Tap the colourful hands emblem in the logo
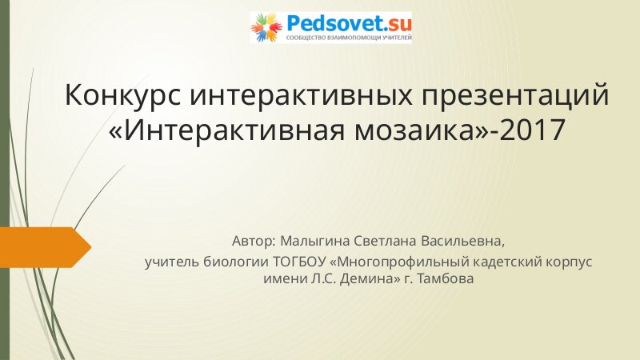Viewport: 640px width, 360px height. pos(266,27)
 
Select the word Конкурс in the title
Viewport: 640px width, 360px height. pos(122,94)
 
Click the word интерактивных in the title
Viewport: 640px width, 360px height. pos(301,94)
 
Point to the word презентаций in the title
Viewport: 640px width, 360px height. pos(515,95)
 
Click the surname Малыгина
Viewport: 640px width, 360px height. pos(315,242)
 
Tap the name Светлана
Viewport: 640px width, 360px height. pos(386,242)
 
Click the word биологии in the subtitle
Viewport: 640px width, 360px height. pos(236,262)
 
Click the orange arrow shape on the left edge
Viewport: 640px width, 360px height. pos(46,247)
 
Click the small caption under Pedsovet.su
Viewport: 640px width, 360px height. pos(349,38)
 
